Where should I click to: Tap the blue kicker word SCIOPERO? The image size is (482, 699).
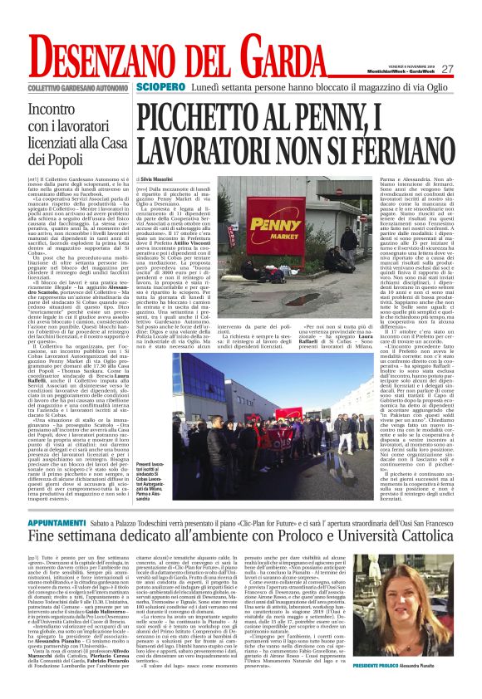(161, 86)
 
